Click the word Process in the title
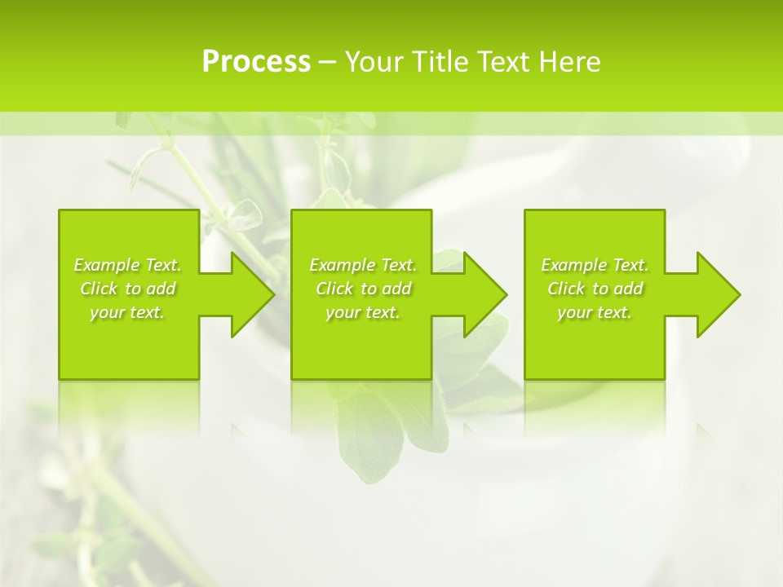point(256,62)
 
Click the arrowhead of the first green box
point(246,294)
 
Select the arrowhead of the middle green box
point(478,294)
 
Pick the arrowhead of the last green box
point(710,294)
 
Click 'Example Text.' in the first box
point(127,265)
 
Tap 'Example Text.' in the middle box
point(363,265)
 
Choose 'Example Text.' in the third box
point(595,265)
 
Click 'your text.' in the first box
point(127,312)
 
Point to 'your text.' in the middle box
point(363,312)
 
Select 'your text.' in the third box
point(595,312)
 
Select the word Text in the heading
point(502,62)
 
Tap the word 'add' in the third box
point(628,289)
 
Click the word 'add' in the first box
point(161,289)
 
